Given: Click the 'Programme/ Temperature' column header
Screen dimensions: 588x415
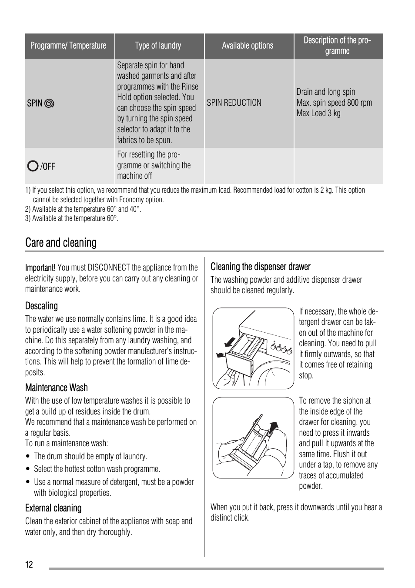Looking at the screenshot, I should tap(68, 46).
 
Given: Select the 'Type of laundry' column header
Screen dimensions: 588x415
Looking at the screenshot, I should tap(158, 46).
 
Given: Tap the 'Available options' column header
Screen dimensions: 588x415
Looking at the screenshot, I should tap(248, 46).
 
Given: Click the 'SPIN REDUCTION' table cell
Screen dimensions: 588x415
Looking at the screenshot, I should tap(234, 103).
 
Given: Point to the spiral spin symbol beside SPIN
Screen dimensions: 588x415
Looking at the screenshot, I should tap(49, 104).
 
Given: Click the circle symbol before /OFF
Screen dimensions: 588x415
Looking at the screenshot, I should tap(33, 166).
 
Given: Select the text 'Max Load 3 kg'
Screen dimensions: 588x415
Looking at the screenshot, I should tap(318, 113).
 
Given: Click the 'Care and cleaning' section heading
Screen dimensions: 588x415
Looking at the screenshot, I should tap(61, 243).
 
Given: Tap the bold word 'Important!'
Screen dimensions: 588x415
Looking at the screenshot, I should tap(40, 267).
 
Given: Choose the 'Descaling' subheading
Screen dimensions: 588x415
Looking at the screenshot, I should tap(41, 306).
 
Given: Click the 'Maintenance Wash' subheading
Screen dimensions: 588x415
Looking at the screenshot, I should tap(57, 388).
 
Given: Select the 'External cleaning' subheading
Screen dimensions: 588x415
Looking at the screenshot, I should tap(53, 508).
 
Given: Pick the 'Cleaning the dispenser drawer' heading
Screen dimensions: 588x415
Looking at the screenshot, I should tap(261, 267).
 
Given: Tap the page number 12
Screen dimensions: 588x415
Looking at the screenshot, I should tap(29, 565).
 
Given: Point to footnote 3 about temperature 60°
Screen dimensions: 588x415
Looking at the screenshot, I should tap(71, 218).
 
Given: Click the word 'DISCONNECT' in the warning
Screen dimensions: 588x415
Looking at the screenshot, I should tap(109, 267).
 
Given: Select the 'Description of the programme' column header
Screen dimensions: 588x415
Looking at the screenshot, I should tap(337, 46).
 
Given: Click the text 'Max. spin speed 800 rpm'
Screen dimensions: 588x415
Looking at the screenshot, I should tap(334, 103).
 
